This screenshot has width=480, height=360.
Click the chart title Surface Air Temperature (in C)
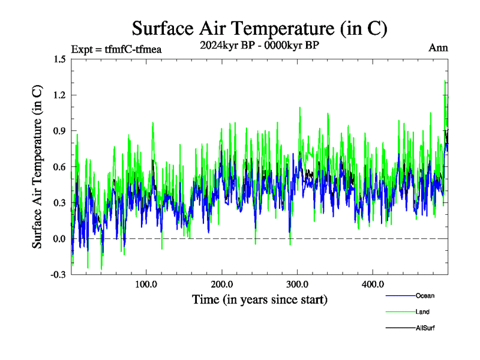click(x=259, y=28)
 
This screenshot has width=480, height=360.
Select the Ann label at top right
click(x=438, y=48)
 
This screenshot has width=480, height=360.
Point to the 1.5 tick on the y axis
click(x=59, y=59)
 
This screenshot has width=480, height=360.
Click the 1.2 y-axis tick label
click(x=59, y=95)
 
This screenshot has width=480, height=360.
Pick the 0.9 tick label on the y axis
click(x=59, y=131)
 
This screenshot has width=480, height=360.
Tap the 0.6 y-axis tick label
click(x=59, y=167)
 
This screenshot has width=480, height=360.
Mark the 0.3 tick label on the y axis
click(x=59, y=203)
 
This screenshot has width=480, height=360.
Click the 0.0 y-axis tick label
click(x=59, y=239)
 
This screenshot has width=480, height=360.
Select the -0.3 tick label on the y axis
click(x=58, y=275)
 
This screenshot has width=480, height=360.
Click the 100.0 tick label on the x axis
click(x=146, y=284)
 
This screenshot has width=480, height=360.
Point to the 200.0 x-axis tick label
click(x=222, y=284)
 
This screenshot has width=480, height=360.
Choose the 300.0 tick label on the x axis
click(x=298, y=284)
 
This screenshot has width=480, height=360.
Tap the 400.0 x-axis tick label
click(x=373, y=284)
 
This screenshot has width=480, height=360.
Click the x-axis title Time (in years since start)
click(x=259, y=299)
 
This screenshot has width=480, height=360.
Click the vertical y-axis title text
click(x=37, y=167)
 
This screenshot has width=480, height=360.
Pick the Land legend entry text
click(x=422, y=312)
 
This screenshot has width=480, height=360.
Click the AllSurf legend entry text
click(x=425, y=328)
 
